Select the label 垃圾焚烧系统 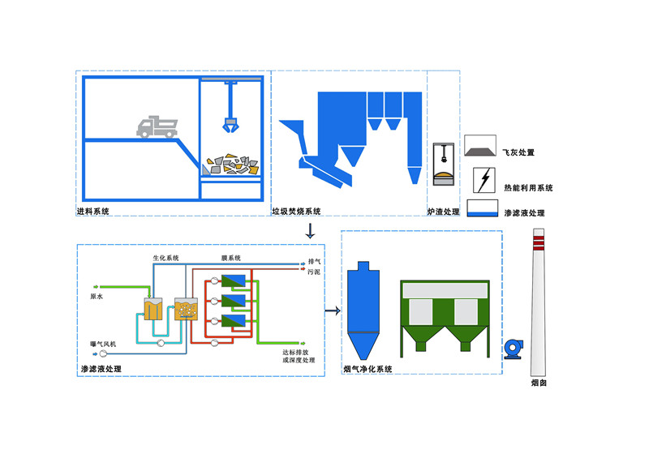(296, 212)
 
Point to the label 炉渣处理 (443, 212)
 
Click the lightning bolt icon (485, 180)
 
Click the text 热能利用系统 (528, 188)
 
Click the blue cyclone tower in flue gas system (359, 312)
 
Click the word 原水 (96, 297)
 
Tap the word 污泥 (314, 273)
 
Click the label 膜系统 (231, 258)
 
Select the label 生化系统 (166, 258)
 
